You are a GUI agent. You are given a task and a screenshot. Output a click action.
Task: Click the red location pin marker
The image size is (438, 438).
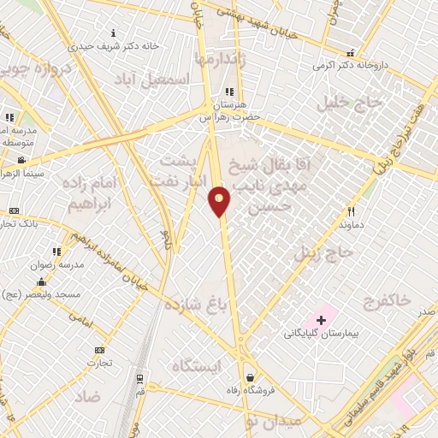tap(220, 200)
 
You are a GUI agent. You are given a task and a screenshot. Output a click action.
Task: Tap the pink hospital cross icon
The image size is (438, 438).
tap(321, 319)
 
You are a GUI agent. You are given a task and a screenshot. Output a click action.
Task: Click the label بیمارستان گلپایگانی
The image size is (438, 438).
tap(320, 333)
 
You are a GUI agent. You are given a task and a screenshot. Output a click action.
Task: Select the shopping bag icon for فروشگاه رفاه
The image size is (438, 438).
tap(249, 376)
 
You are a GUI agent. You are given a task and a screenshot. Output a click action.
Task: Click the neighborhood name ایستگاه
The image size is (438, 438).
tap(196, 366)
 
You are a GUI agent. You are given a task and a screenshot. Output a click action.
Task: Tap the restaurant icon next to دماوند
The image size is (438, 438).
tap(351, 211)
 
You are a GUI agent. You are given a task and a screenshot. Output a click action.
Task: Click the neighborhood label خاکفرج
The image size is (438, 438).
tap(387, 300)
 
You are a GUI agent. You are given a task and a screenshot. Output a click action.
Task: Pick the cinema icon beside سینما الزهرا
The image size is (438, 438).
tap(21, 160)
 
